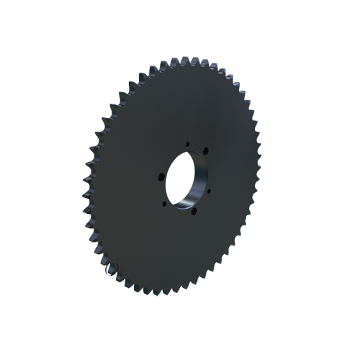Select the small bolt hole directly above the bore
coord(187,143)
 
